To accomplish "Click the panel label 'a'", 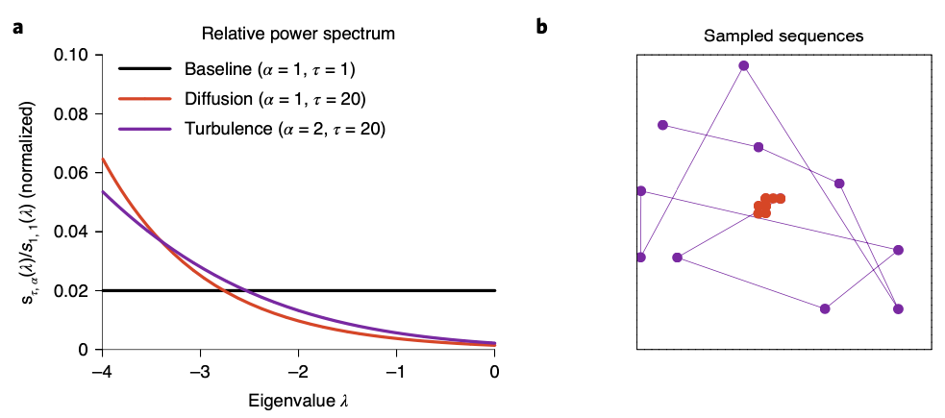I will click(x=17, y=27).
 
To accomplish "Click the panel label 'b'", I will click(x=542, y=27).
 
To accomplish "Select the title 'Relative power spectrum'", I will click(x=299, y=35).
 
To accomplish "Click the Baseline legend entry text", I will click(x=270, y=69).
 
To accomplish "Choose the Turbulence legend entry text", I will click(x=284, y=128).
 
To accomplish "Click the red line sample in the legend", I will click(x=144, y=99).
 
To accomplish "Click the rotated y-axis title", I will click(x=31, y=202).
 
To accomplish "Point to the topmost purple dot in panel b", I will click(x=743, y=65).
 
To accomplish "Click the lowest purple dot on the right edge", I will click(x=898, y=308).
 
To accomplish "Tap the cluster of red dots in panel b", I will click(x=767, y=205).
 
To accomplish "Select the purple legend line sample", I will click(x=144, y=128).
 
